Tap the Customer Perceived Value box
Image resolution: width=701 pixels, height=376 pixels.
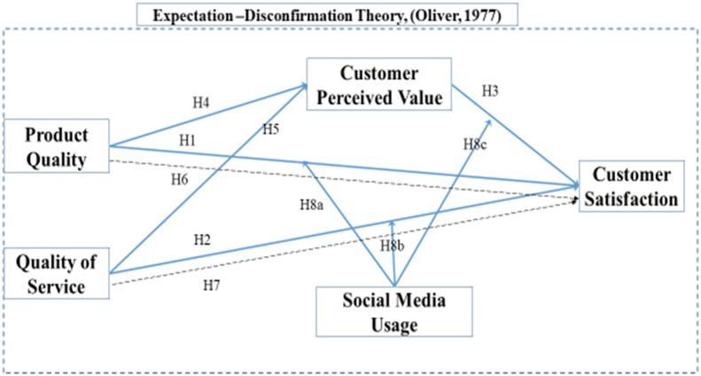click(379, 84)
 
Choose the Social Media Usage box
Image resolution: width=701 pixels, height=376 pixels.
click(394, 312)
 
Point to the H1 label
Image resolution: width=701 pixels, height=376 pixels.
click(187, 140)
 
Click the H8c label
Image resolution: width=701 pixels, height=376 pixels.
click(476, 144)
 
